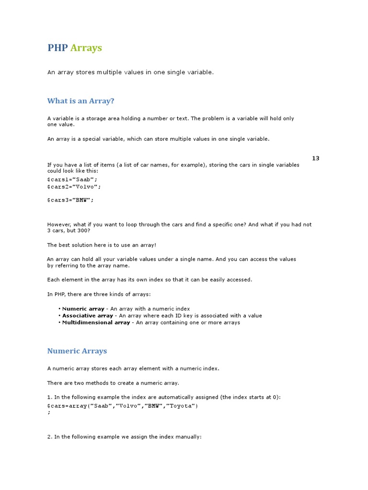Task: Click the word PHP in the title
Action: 57,48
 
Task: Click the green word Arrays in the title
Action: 86,48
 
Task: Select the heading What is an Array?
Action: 80,101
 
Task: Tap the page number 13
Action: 315,158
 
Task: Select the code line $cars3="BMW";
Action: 70,200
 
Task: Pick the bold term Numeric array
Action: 83,309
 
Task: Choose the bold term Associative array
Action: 88,316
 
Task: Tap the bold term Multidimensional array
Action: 96,323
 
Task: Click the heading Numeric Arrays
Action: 77,351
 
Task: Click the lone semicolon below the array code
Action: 48,412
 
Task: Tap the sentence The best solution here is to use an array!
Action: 102,245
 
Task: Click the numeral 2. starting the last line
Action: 49,437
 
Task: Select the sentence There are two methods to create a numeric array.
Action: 113,383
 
